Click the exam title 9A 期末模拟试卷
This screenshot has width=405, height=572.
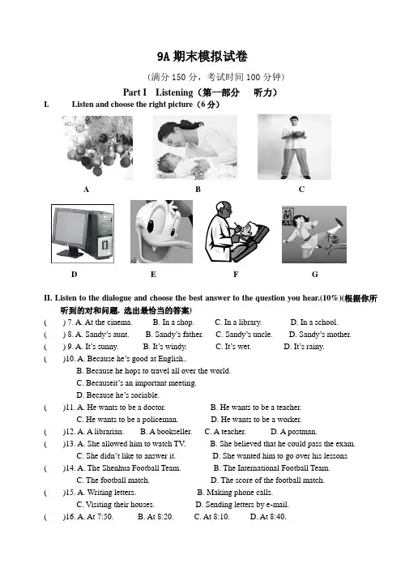coord(202,56)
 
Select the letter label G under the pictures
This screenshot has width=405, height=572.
coord(315,275)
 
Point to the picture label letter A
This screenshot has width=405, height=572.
coord(86,190)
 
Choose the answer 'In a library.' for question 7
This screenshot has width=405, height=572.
coord(238,322)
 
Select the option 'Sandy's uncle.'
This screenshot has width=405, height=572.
coord(244,334)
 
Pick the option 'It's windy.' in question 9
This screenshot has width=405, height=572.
coord(165,346)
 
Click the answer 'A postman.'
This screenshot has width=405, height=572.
coord(293,432)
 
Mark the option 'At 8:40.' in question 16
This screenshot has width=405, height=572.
coord(268,517)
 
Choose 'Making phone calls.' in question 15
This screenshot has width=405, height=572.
coord(235,492)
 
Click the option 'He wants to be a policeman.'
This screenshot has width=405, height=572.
coord(127,419)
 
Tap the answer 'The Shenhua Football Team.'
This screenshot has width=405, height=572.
coord(129,467)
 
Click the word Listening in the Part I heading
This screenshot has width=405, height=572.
coord(174,92)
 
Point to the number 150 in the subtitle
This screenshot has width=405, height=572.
coord(179,77)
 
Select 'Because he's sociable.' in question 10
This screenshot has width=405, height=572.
coord(117,395)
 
